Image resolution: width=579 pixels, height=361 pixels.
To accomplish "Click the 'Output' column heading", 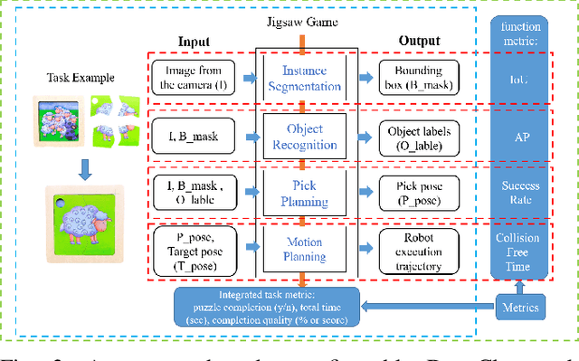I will pos(420,42).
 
